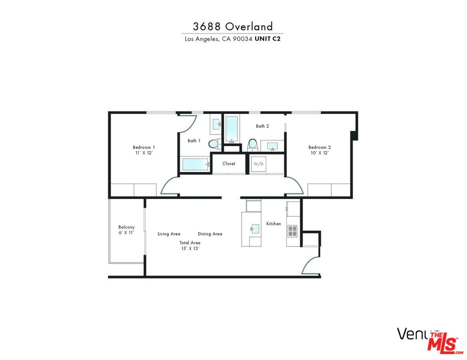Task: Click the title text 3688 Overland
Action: [x=233, y=26]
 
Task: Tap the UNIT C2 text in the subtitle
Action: [x=268, y=39]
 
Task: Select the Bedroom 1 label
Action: [x=144, y=147]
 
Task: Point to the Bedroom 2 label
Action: [x=319, y=147]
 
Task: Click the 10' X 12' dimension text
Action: [x=319, y=153]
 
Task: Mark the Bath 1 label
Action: [x=194, y=140]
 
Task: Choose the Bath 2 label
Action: [x=263, y=126]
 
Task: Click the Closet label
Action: [x=229, y=163]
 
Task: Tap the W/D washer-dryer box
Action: [x=259, y=164]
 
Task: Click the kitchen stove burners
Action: [x=292, y=231]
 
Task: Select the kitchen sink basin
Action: [x=255, y=229]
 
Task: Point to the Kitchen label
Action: [x=273, y=223]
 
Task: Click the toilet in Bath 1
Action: [x=214, y=144]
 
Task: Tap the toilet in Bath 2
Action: [x=252, y=144]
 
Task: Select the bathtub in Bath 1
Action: [x=195, y=164]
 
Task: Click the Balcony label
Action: [x=126, y=227]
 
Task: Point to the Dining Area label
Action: [x=210, y=234]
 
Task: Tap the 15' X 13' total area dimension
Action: [x=190, y=248]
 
